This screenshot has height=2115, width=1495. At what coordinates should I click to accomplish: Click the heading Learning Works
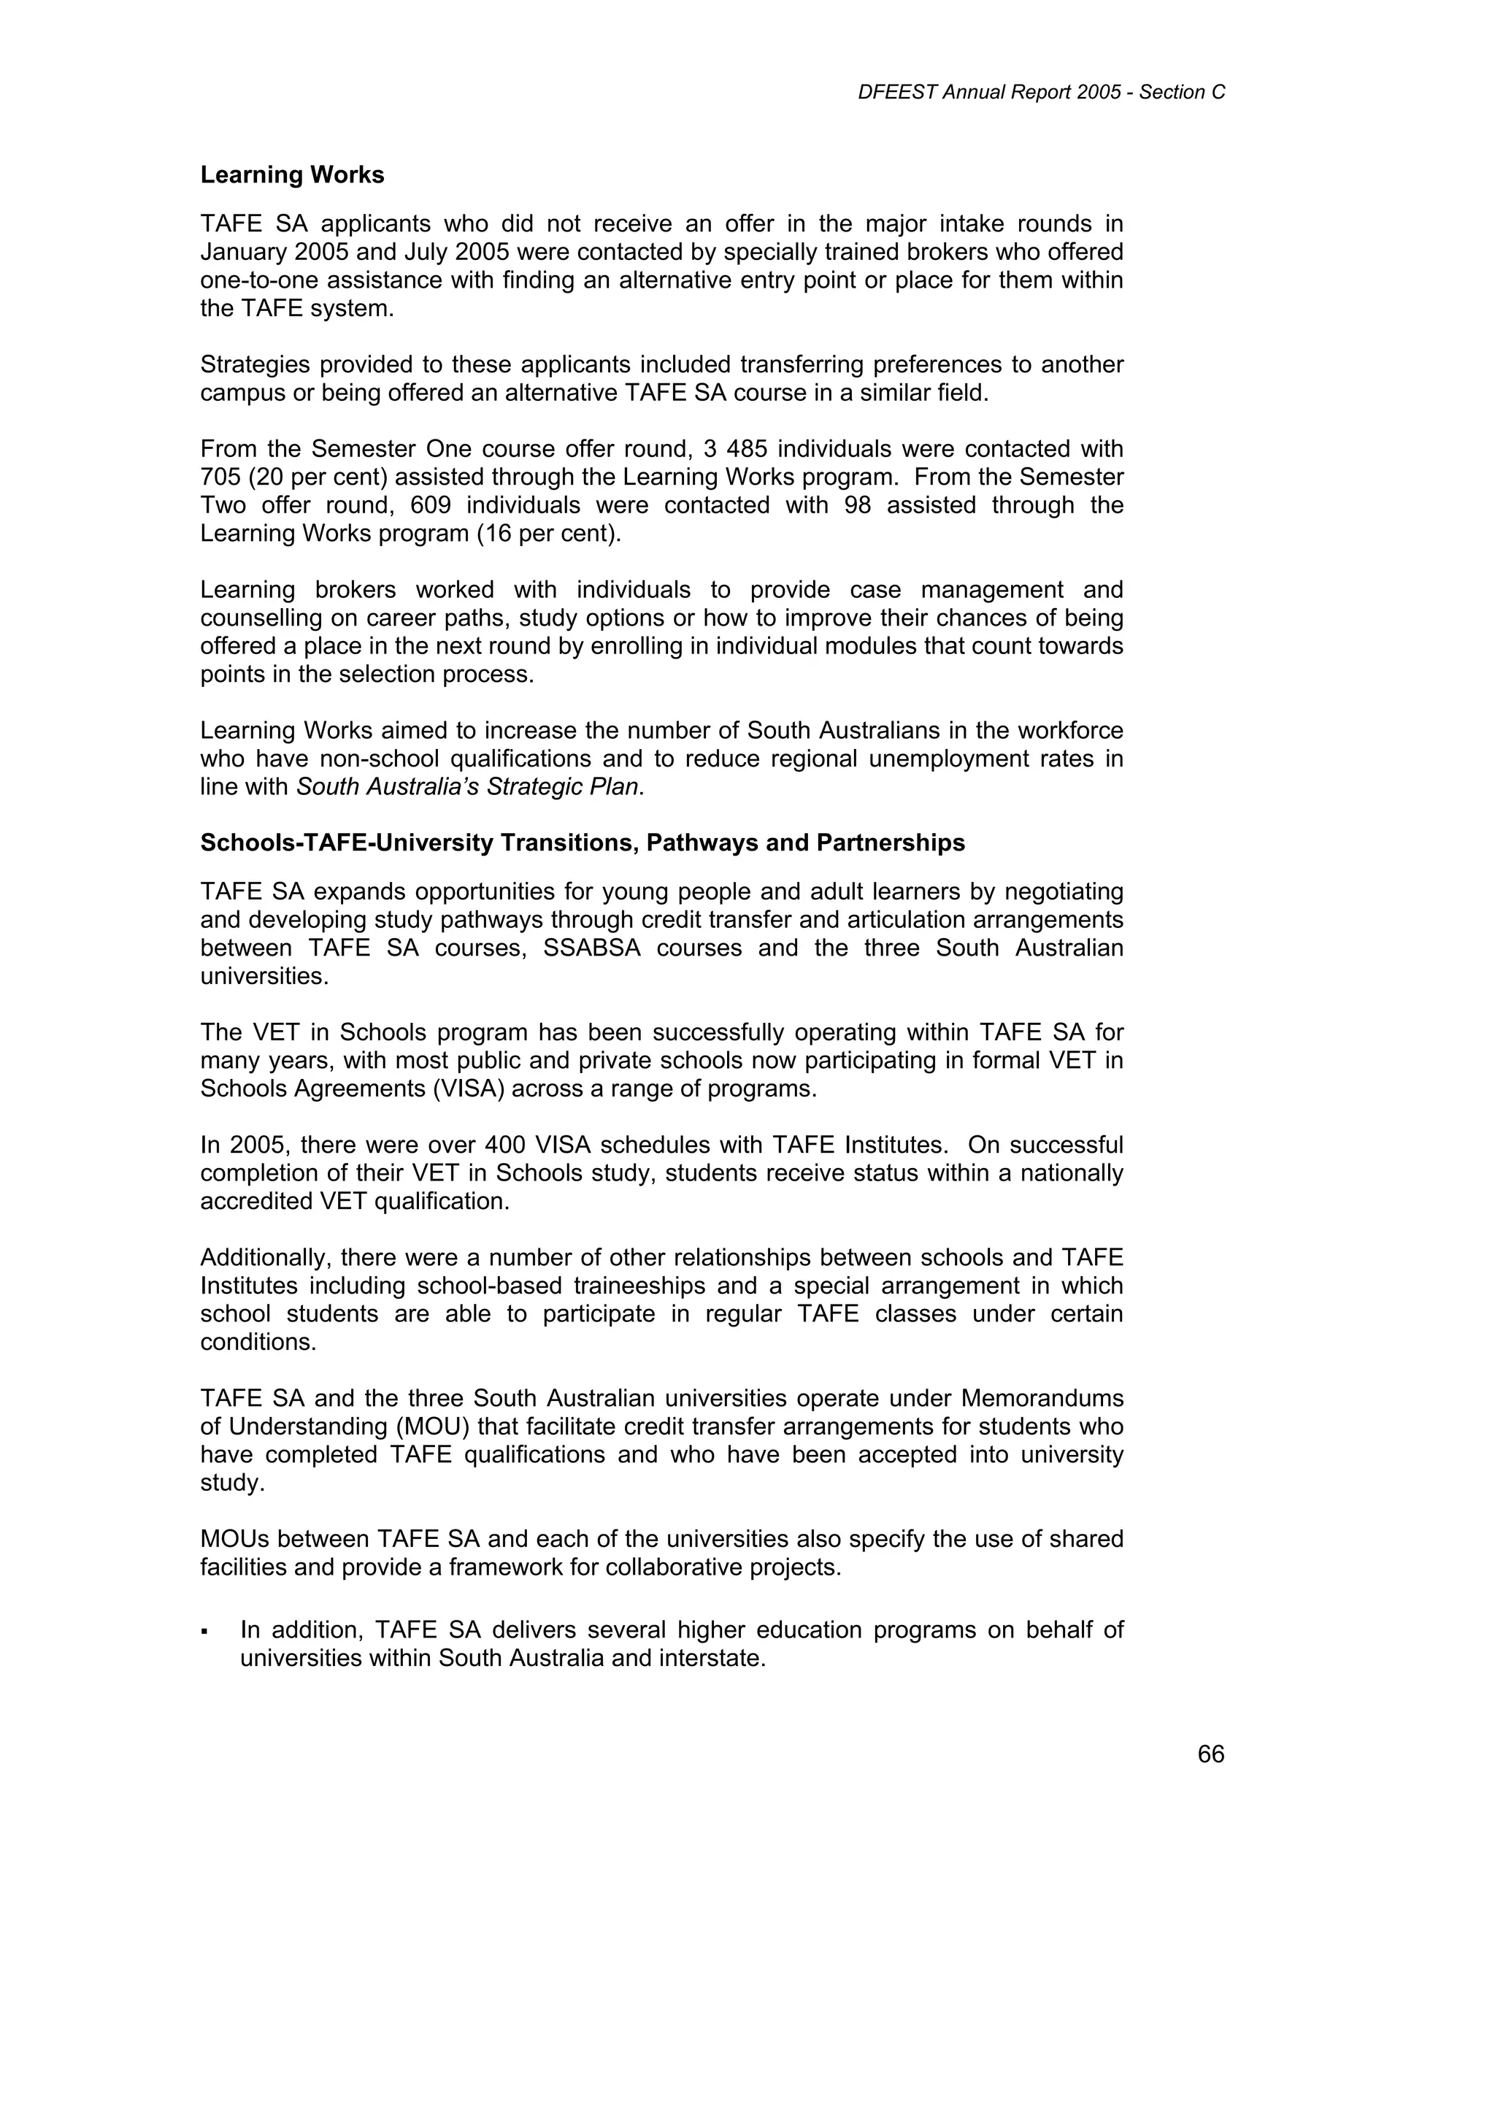click(292, 175)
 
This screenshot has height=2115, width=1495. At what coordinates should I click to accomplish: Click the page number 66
click(1210, 1754)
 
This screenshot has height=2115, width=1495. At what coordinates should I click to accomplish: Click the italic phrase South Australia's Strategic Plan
click(467, 787)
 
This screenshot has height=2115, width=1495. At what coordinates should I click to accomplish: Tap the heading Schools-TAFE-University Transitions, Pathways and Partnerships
click(582, 843)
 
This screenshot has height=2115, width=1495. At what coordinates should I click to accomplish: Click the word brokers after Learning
click(355, 590)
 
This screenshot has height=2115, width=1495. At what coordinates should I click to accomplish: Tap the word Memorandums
click(1042, 1398)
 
